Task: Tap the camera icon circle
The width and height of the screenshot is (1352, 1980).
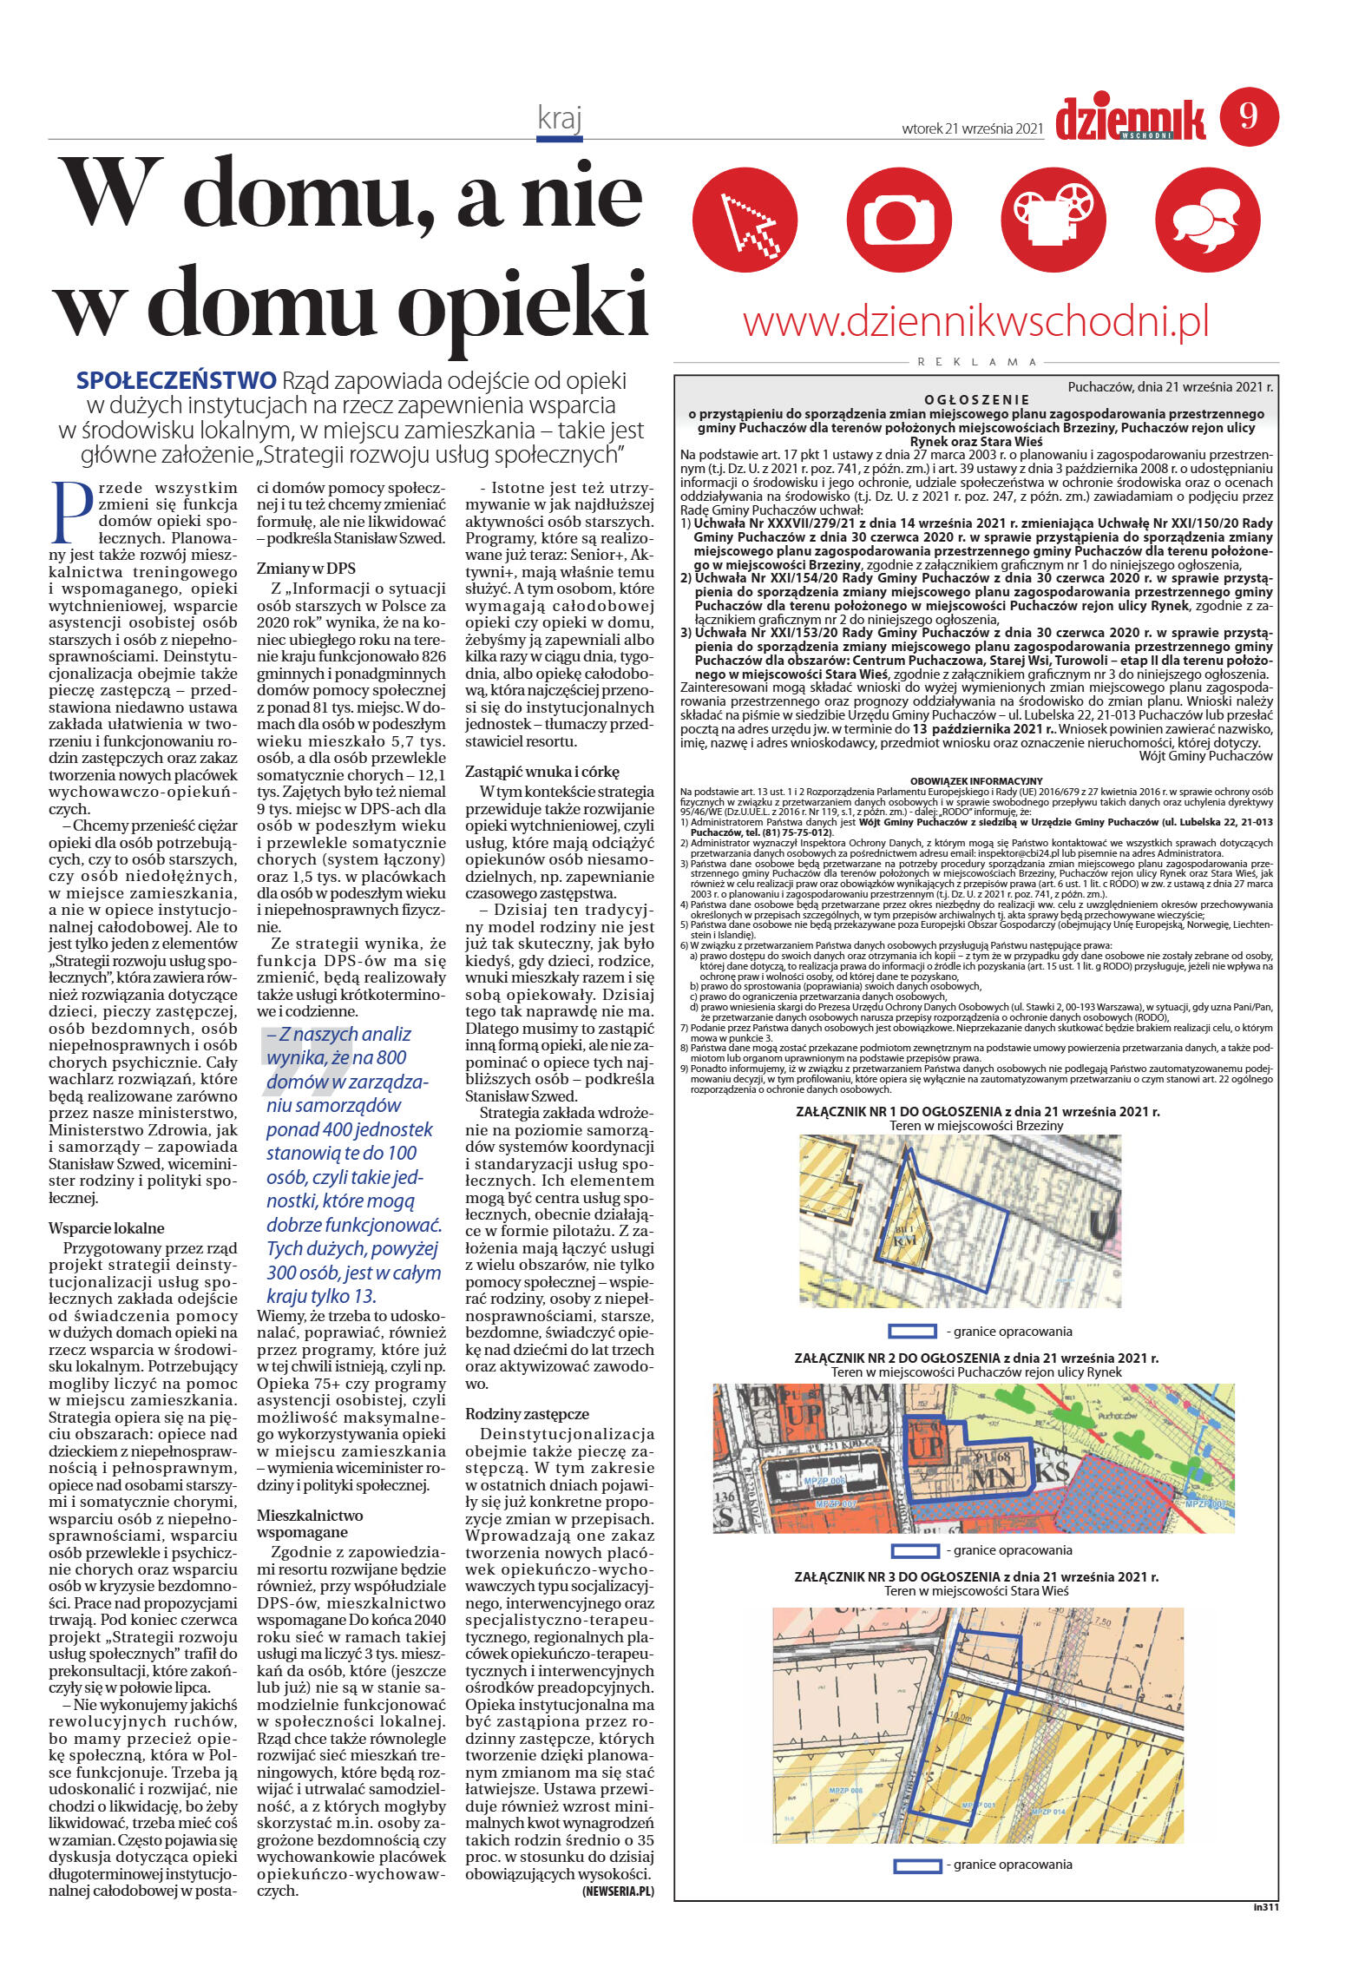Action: (x=900, y=220)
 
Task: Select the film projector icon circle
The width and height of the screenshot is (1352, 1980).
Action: (x=1053, y=220)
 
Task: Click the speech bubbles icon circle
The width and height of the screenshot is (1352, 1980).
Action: (x=1207, y=220)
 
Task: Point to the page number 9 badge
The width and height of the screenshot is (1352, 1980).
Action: (x=1249, y=116)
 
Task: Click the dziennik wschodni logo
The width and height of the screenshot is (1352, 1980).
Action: (x=1131, y=119)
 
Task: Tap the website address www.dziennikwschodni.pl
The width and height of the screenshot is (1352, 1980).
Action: (x=976, y=321)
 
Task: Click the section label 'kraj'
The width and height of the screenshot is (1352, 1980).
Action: (x=559, y=118)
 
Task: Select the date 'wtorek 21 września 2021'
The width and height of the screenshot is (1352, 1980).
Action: (x=971, y=128)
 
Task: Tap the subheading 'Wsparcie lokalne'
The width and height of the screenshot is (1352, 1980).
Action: (x=106, y=1228)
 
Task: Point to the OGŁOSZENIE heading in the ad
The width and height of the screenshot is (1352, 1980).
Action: (x=976, y=400)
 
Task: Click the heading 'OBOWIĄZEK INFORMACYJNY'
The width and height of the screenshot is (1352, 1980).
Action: (x=976, y=781)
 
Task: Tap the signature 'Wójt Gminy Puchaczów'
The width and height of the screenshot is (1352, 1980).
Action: (x=1205, y=755)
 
